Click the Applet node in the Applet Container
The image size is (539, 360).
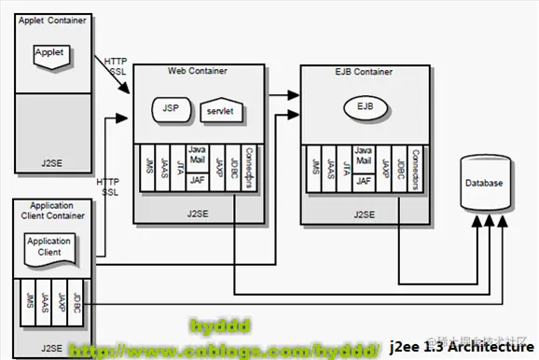click(x=49, y=53)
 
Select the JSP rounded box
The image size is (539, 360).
click(x=171, y=108)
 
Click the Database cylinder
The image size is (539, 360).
click(x=483, y=184)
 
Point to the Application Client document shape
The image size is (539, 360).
click(x=49, y=247)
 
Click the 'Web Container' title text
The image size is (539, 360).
click(x=197, y=71)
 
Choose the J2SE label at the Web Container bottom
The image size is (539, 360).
click(x=196, y=214)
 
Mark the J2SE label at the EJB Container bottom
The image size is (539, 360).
click(x=363, y=214)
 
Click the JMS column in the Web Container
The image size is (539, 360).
click(x=147, y=168)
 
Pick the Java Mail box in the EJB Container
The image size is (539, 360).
click(x=364, y=155)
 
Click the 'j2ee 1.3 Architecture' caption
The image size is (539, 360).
click(x=463, y=348)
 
